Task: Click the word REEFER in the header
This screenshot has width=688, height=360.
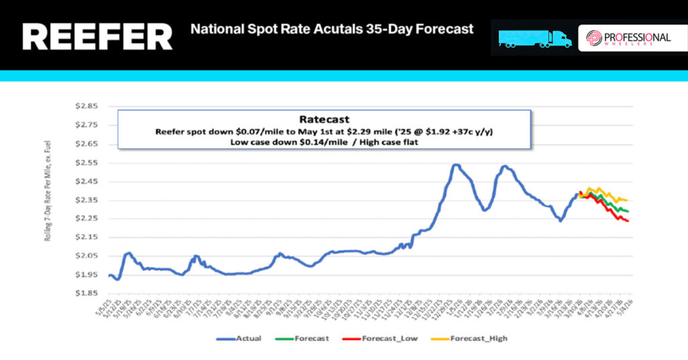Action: point(97,38)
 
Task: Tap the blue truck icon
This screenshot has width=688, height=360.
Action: point(535,38)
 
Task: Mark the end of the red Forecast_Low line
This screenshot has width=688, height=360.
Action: point(628,221)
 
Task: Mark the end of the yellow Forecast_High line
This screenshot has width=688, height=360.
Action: point(626,200)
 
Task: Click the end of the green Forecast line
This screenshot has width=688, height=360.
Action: point(628,212)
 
